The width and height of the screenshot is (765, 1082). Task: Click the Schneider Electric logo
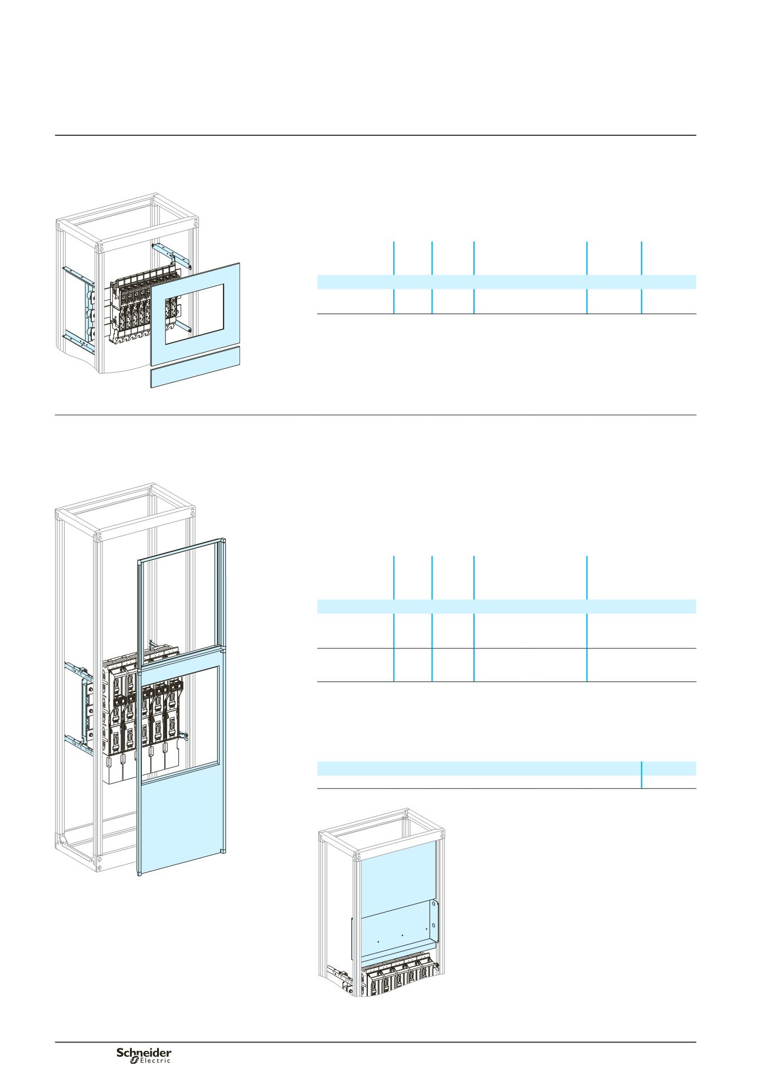pos(144,1055)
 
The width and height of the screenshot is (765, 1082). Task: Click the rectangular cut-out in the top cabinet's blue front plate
pos(194,314)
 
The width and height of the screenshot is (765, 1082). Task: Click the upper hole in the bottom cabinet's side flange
pos(435,905)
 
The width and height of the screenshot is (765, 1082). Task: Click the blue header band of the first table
pos(507,281)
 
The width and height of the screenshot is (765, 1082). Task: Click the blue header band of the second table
pos(507,607)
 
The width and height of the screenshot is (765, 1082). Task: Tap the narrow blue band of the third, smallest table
pos(507,768)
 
